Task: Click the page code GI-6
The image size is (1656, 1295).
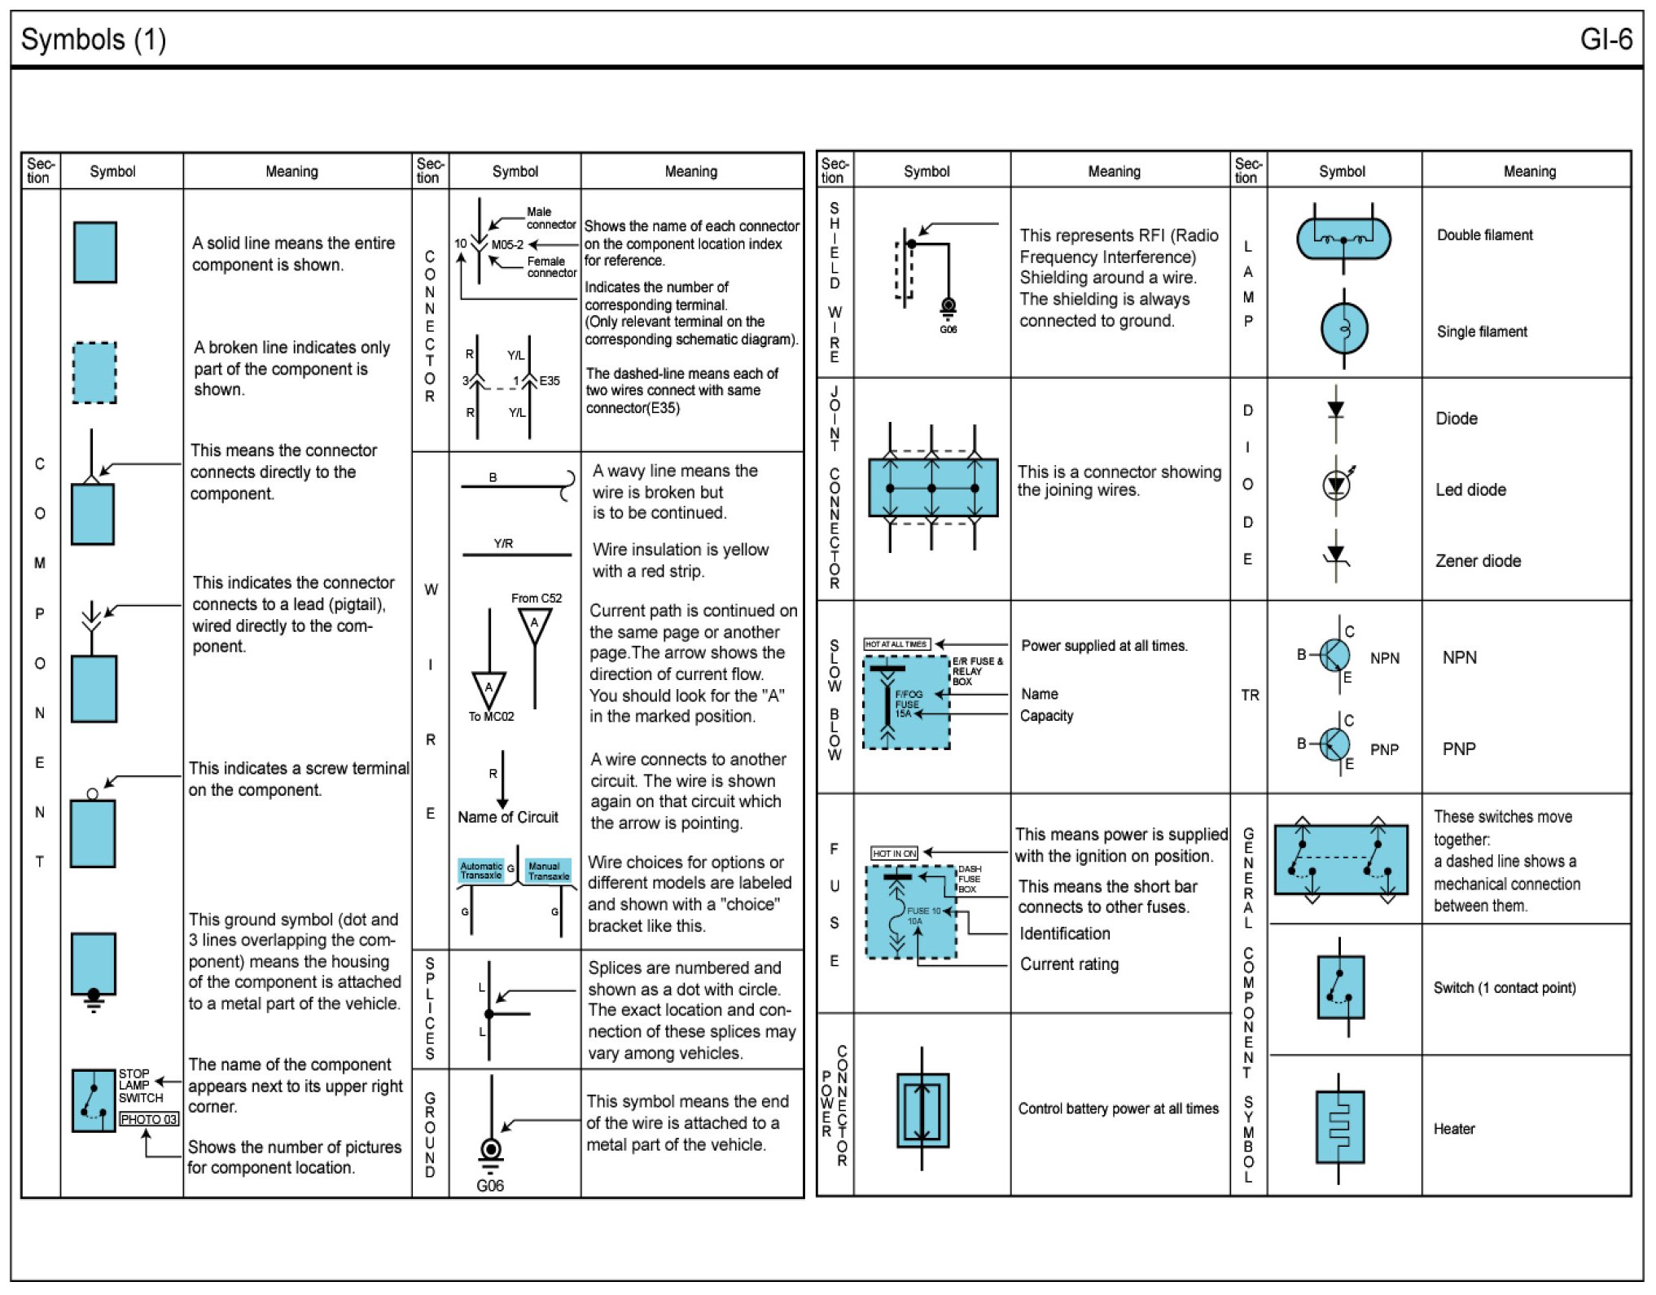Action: (1605, 39)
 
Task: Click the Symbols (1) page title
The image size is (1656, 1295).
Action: (94, 39)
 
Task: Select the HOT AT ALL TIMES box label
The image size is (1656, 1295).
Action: (896, 644)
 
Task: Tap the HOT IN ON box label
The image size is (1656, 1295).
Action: (894, 853)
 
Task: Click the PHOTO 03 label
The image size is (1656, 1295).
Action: (149, 1119)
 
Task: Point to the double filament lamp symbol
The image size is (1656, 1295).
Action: (1343, 239)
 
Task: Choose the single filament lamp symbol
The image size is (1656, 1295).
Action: (1343, 329)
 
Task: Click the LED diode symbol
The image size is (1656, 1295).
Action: (1335, 485)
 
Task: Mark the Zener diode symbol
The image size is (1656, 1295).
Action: (1335, 556)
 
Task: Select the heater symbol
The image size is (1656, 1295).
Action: (1339, 1127)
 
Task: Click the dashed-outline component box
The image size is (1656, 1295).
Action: (94, 372)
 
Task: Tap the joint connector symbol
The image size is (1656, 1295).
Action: (932, 488)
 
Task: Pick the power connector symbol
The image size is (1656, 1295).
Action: (922, 1109)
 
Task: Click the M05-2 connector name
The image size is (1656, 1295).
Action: (507, 244)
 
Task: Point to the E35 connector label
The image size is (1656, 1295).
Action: (550, 380)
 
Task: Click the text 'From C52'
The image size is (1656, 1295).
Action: (537, 598)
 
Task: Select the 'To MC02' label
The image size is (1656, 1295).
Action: (491, 717)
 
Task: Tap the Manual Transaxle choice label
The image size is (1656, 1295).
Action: (548, 871)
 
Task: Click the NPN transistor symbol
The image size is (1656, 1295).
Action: (1334, 654)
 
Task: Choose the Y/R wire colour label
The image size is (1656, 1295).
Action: (503, 543)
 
